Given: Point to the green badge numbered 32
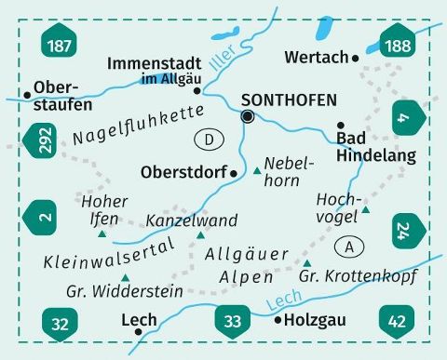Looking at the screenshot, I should click(x=60, y=324).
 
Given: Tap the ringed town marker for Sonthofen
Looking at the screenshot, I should click(x=248, y=116).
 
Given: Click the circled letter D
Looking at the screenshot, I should click(x=211, y=140).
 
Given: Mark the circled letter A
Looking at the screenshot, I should click(x=350, y=247).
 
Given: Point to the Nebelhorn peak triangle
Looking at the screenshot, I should click(x=258, y=171).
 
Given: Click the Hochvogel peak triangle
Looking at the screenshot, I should click(x=366, y=210).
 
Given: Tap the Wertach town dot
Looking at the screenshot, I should click(x=356, y=58).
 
